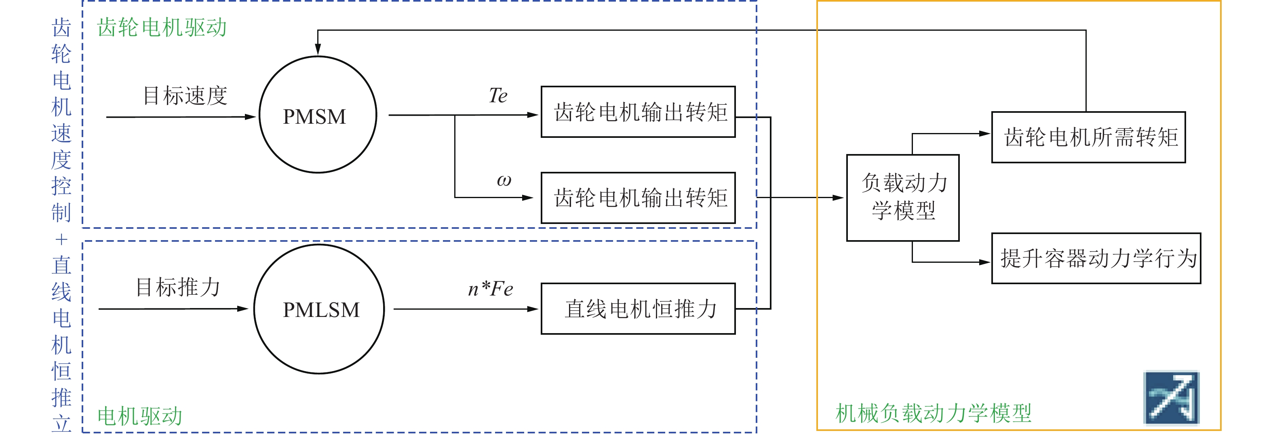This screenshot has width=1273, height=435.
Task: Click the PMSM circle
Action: point(318,115)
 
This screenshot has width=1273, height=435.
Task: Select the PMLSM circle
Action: point(319,309)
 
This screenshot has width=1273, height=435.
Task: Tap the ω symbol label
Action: point(504,180)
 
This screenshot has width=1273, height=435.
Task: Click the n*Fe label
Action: point(490,289)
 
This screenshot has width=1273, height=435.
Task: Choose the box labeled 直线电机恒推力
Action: point(638,309)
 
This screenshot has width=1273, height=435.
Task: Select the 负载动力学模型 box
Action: point(902,198)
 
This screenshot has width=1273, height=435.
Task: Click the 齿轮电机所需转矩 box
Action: point(1088,137)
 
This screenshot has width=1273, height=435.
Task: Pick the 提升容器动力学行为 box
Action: point(1096,258)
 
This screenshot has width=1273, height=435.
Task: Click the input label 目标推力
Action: point(177,287)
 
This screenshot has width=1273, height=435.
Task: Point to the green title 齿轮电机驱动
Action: point(162,27)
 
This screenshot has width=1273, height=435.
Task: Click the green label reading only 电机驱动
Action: point(140,416)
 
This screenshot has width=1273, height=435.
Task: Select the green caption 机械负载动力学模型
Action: point(933,413)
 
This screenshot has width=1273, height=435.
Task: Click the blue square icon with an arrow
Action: point(1171,398)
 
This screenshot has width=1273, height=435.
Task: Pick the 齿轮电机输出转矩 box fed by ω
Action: point(638,198)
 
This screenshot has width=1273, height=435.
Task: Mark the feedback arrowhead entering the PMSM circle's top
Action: point(318,49)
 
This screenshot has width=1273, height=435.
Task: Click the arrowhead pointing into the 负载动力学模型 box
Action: point(838,198)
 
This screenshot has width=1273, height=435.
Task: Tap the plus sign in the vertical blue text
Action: point(61,240)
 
